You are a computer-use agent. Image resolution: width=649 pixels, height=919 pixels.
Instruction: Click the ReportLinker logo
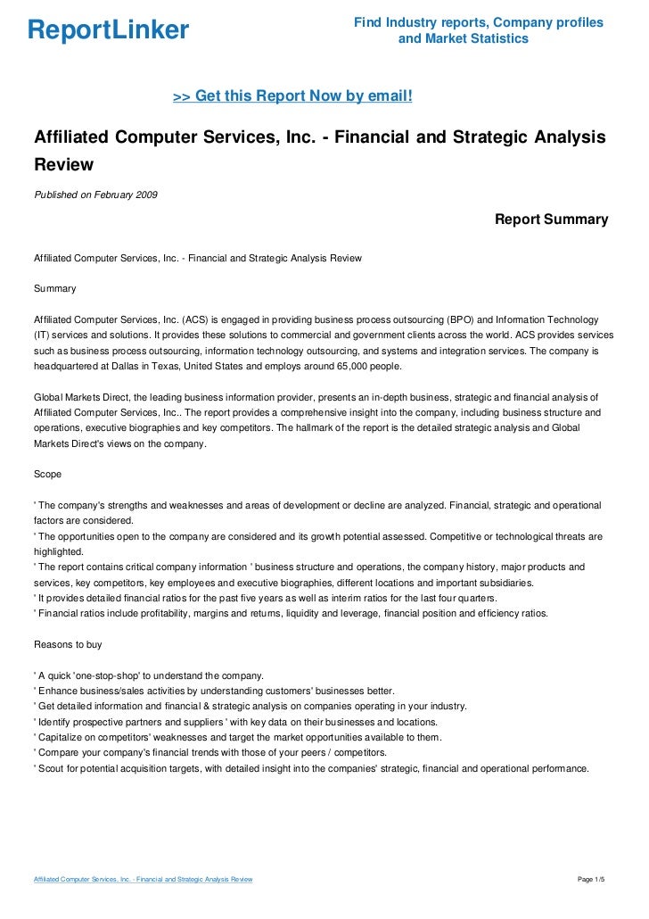[x=109, y=30]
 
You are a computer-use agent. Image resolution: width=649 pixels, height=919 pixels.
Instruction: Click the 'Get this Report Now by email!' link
[x=292, y=95]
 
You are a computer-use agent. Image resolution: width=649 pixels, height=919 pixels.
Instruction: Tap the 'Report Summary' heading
[x=551, y=219]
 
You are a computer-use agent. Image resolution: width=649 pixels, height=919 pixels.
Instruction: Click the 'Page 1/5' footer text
[x=592, y=880]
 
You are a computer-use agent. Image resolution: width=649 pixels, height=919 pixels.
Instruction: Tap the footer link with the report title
[x=143, y=880]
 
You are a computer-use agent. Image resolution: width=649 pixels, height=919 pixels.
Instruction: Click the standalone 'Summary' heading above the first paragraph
[x=54, y=289]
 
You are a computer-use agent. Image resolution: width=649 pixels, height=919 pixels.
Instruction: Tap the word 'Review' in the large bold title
[x=63, y=165]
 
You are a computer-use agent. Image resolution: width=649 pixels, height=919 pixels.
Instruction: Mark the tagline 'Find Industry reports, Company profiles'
[x=478, y=22]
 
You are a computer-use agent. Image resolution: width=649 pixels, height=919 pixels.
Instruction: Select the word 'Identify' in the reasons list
[x=55, y=721]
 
